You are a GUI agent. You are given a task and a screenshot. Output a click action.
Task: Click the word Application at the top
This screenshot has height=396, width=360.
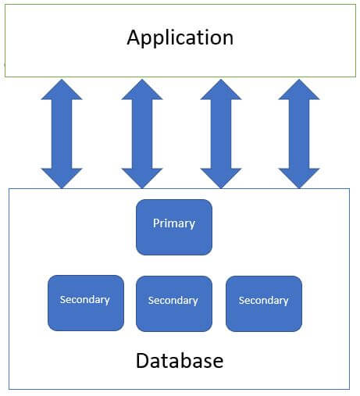coord(180,37)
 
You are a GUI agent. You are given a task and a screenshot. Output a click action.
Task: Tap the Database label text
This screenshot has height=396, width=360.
coord(180,361)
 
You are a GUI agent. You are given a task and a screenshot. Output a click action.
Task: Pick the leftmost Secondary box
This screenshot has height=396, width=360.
coord(85,301)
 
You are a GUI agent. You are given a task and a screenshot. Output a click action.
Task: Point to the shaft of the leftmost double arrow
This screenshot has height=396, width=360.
coord(62,133)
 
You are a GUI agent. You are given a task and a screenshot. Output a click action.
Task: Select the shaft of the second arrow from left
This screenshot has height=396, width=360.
coord(142,133)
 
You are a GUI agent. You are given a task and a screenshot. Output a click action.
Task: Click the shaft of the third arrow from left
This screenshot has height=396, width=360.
coord(221,133)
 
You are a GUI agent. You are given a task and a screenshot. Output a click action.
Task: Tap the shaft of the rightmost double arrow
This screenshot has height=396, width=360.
coord(299,133)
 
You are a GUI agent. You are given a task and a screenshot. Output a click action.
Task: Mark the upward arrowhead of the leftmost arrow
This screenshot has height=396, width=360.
coord(62,90)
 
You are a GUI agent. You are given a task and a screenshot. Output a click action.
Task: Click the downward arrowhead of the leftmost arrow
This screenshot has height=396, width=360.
coord(62,177)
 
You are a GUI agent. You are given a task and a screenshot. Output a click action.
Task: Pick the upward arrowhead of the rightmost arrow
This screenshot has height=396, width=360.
coord(299,90)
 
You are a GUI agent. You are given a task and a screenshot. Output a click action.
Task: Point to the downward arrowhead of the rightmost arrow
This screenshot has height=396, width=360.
coord(299,177)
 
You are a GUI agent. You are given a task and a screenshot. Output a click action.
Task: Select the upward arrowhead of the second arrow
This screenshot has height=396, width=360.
coord(142,90)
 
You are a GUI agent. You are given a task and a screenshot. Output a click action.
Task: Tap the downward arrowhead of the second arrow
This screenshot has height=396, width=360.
coord(142,177)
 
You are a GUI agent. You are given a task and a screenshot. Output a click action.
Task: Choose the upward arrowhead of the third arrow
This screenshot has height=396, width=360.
coord(221,90)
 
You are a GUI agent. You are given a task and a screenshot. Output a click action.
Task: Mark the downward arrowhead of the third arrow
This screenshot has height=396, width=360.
coord(221,177)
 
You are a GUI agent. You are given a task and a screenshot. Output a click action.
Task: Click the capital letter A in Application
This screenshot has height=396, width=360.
coord(134,37)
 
